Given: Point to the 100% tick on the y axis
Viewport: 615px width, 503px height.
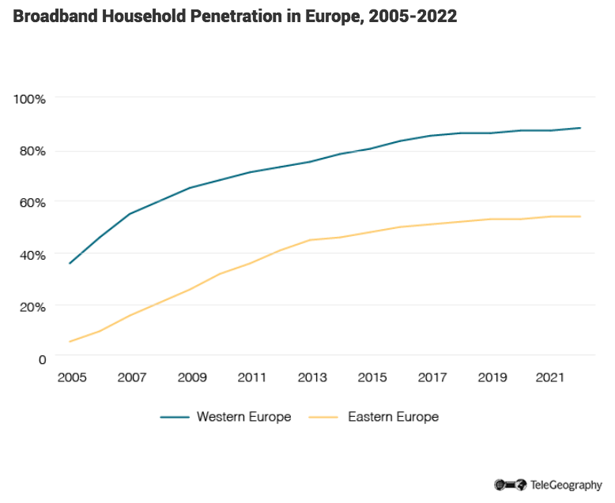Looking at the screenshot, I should (x=30, y=99).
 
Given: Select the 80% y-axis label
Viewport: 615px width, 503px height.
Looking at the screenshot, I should (x=32, y=151).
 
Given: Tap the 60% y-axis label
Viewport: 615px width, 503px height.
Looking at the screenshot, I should (x=32, y=202).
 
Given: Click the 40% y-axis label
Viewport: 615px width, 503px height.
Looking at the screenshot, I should (x=32, y=254).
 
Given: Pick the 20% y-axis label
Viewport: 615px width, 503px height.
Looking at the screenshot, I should (x=32, y=306).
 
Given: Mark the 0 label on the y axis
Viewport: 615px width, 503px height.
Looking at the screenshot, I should (x=43, y=358).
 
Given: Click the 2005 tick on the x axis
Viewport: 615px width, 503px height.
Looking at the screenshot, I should (x=71, y=378).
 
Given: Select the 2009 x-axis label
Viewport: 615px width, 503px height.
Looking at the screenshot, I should (x=191, y=378).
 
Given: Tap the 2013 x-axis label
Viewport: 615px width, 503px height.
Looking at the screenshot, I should (x=311, y=378).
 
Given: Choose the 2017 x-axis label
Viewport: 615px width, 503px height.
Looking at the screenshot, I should (x=432, y=378).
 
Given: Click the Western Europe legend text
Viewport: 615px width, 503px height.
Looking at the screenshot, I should (x=243, y=416).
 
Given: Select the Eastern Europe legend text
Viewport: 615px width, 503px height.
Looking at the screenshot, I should (x=393, y=416).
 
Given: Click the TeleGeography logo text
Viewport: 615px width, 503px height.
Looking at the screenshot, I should (x=565, y=484).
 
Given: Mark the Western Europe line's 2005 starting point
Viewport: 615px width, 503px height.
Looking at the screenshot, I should (x=70, y=263).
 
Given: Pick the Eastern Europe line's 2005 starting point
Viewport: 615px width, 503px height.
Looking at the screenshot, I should (x=70, y=341).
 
